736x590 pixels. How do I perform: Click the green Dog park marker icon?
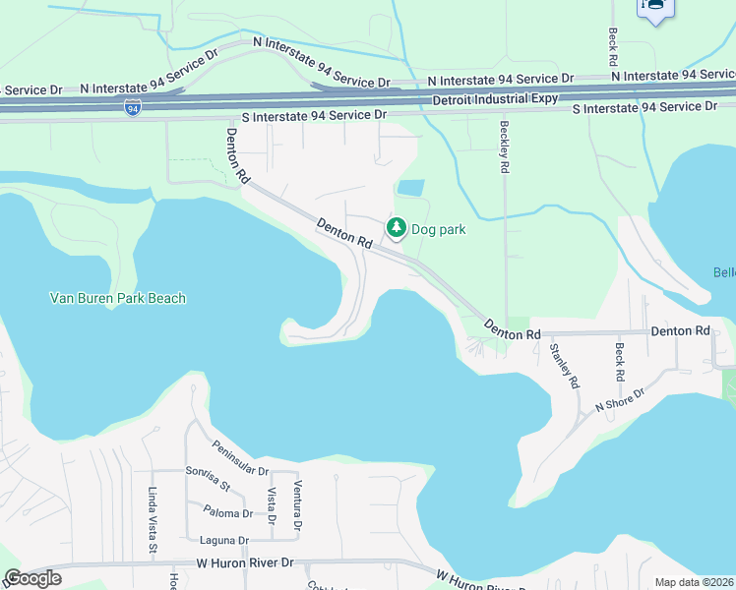click(x=397, y=228)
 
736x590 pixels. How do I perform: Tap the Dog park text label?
click(x=438, y=230)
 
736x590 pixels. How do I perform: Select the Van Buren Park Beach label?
click(x=118, y=298)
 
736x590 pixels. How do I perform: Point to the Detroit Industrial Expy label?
click(x=495, y=99)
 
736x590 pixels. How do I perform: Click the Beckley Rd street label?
click(x=504, y=147)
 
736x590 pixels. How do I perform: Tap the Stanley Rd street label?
click(x=562, y=365)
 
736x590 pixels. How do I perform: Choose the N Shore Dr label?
click(x=618, y=399)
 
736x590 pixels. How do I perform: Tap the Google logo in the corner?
click(x=31, y=578)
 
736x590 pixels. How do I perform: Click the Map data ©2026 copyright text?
click(x=694, y=582)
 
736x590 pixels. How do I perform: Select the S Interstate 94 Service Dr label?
click(x=313, y=116)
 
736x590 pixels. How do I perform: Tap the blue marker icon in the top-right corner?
click(x=654, y=8)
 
